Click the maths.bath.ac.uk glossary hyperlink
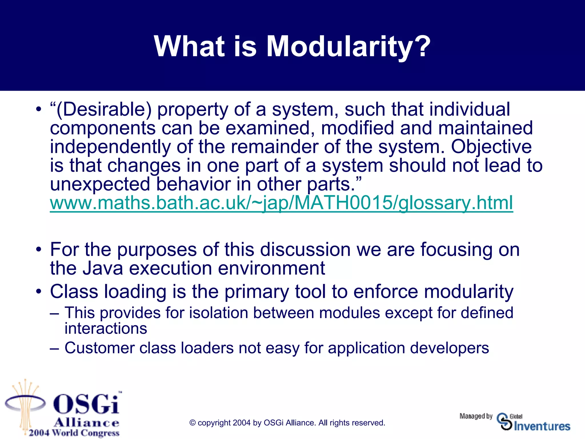tap(281, 203)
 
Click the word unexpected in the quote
tap(100, 184)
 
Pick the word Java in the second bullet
tap(103, 268)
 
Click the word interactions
tap(106, 328)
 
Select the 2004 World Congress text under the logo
tap(74, 433)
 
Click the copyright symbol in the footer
tap(193, 423)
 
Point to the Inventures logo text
tap(542, 426)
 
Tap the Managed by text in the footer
tap(476, 416)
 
